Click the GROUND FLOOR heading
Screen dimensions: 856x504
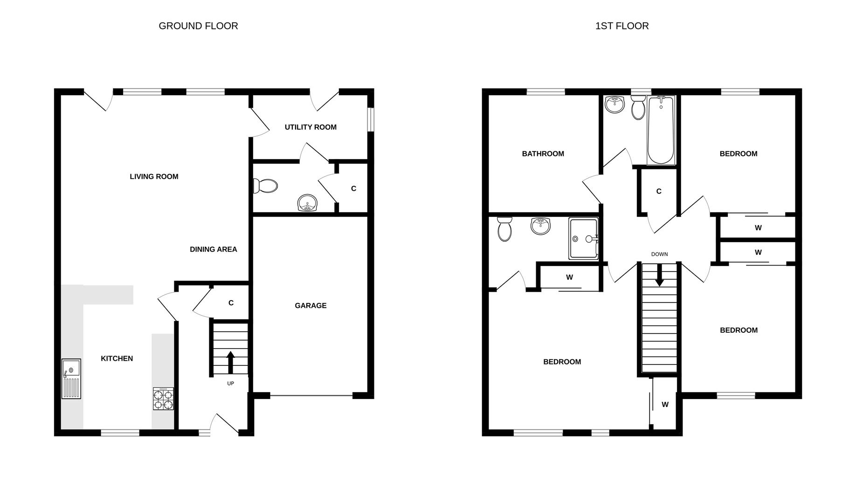coord(198,26)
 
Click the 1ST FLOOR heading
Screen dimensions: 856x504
coord(622,26)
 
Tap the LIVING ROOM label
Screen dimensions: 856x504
coord(154,176)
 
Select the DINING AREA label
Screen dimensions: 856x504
coord(213,249)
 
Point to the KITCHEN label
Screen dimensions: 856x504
coord(117,358)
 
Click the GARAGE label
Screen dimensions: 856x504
coord(311,306)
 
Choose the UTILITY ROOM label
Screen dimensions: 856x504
coord(311,127)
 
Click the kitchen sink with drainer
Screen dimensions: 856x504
coord(71,378)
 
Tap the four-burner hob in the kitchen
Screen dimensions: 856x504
coord(163,399)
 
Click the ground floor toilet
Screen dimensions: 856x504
coord(265,186)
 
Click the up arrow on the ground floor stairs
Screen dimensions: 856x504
coord(230,362)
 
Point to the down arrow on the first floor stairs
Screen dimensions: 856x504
coord(659,275)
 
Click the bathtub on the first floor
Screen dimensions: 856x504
coord(661,130)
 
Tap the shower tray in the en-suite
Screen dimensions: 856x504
coord(583,239)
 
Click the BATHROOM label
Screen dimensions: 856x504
coord(543,154)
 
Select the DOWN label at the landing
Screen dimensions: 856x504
coord(659,254)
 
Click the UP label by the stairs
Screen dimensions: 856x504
coord(230,384)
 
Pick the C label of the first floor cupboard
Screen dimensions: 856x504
coord(659,191)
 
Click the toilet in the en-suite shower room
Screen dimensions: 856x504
coord(504,229)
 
